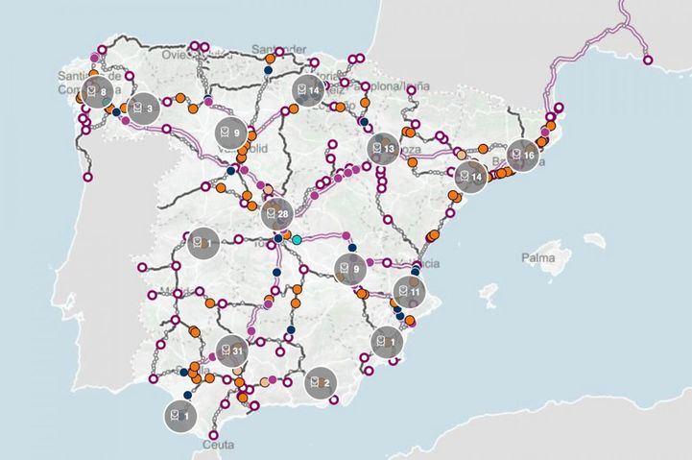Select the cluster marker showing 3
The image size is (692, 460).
point(144,109)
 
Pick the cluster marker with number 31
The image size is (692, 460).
point(230,352)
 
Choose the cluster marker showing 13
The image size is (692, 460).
point(383,149)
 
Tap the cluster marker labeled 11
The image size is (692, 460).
point(410,290)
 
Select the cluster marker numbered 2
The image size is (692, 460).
point(320,382)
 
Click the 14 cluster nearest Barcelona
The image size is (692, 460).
point(471,177)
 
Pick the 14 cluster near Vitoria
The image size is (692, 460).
point(308,90)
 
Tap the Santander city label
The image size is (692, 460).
point(278,49)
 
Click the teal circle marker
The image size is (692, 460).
point(297,238)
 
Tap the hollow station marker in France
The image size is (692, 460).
point(648,61)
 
